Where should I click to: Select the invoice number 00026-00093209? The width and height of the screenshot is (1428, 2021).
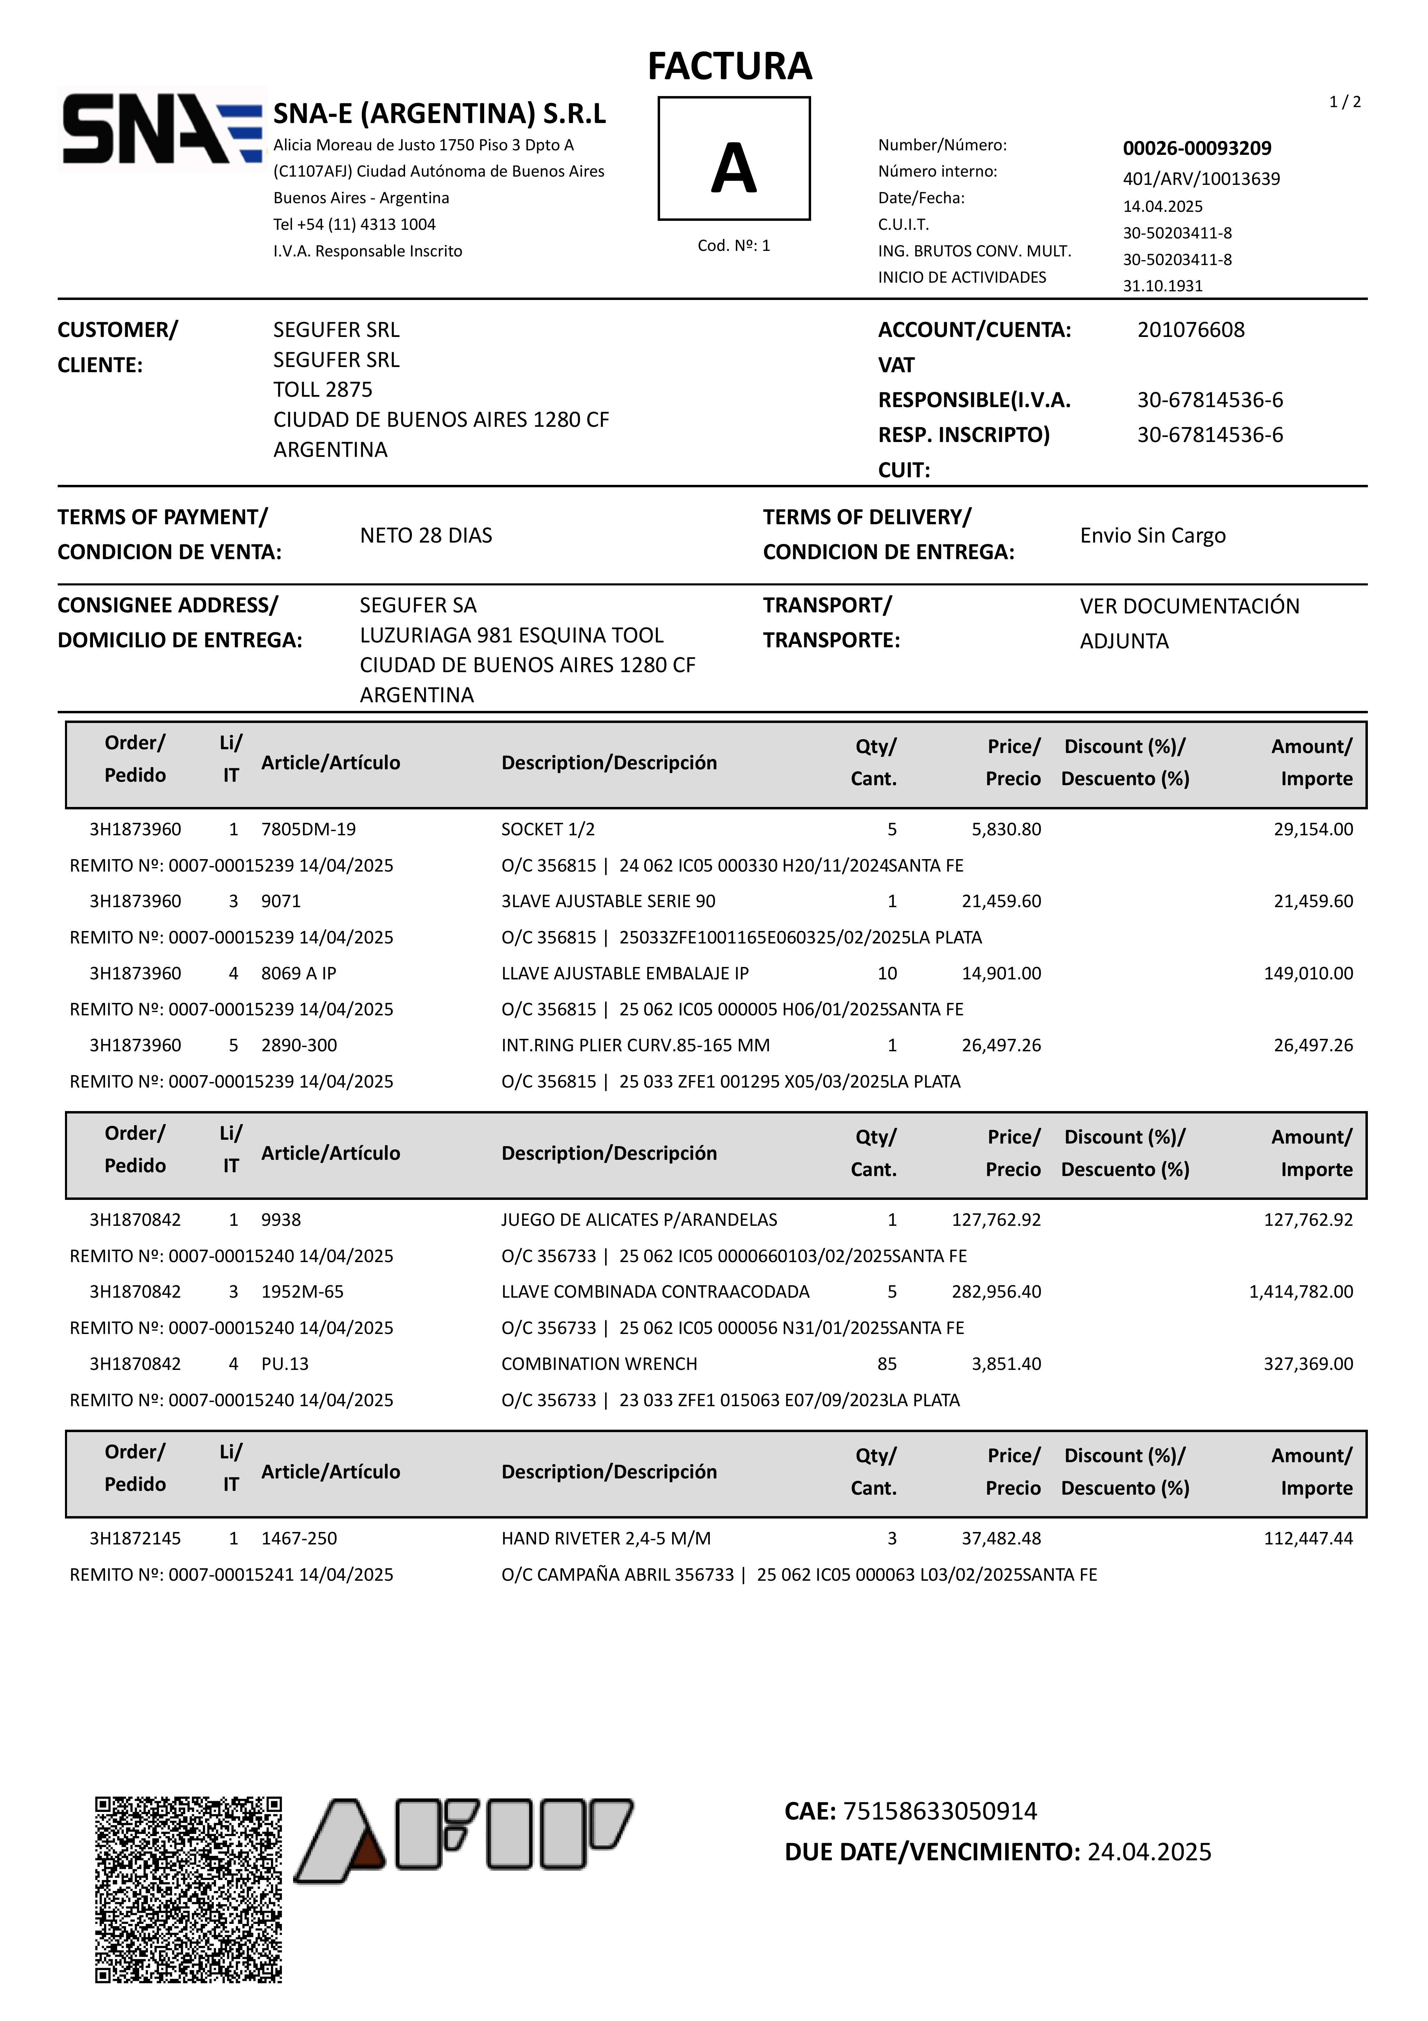click(x=1196, y=148)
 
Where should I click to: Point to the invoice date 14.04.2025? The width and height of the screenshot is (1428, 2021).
click(x=1162, y=206)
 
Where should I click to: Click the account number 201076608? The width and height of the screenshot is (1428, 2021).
click(x=1190, y=330)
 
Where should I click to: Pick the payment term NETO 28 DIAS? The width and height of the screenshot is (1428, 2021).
click(x=426, y=535)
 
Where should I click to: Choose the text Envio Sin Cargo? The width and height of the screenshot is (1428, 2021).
click(x=1153, y=535)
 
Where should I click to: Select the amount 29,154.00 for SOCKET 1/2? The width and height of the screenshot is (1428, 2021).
click(x=1313, y=829)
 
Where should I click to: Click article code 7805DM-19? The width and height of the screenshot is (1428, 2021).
click(x=308, y=829)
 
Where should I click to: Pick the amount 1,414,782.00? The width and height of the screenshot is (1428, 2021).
click(x=1300, y=1291)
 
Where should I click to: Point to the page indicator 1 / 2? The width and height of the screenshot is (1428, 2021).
click(x=1344, y=102)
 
